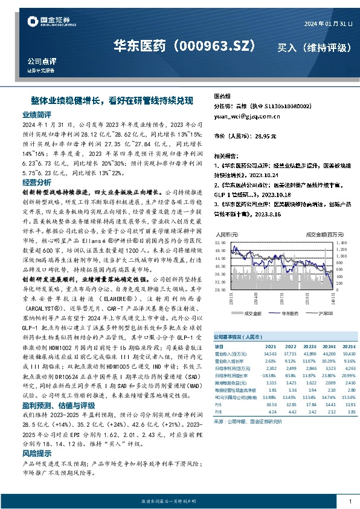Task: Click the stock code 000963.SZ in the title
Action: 217,46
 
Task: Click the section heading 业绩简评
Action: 37,114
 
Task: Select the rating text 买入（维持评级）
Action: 309,47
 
